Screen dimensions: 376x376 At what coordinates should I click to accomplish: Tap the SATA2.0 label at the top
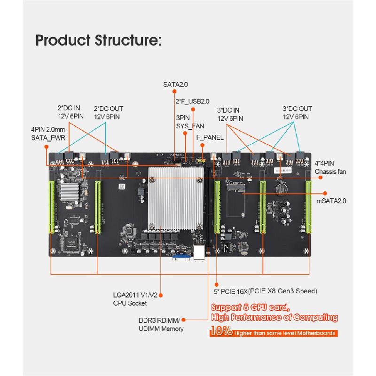click(x=175, y=85)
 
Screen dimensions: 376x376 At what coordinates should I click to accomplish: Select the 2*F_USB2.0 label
click(x=192, y=101)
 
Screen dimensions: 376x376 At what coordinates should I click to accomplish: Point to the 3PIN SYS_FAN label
click(x=190, y=122)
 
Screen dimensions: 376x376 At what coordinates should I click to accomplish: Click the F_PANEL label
click(x=209, y=138)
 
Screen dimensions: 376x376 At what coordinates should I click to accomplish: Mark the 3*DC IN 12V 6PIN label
click(x=230, y=114)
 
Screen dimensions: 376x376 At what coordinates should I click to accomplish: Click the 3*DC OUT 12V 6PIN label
click(x=297, y=112)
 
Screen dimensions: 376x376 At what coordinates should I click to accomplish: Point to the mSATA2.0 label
click(x=332, y=201)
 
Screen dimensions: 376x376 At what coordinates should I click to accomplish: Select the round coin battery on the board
click(x=281, y=187)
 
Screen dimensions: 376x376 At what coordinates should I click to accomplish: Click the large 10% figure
click(x=220, y=333)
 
